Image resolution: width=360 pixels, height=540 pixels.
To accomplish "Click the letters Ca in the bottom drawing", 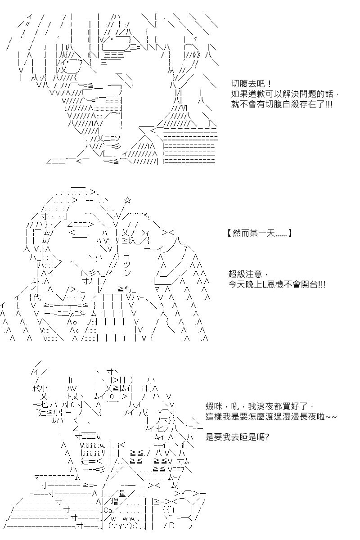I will pos(108,510).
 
